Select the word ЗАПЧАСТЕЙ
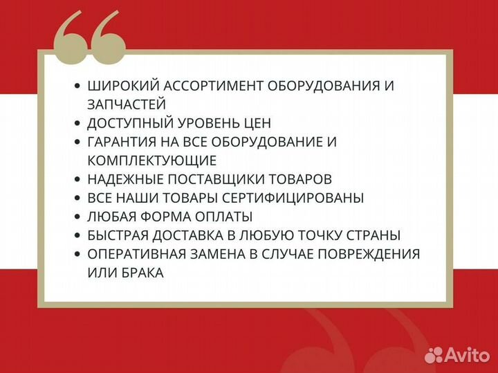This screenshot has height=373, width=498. pyautogui.click(x=127, y=104)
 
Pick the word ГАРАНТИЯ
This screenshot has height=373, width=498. pyautogui.click(x=122, y=142)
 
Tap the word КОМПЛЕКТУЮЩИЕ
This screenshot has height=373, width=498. pyautogui.click(x=152, y=161)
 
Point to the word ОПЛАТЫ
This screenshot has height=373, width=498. pyautogui.click(x=225, y=217)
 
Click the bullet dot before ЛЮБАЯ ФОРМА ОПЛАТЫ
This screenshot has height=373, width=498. pyautogui.click(x=77, y=217)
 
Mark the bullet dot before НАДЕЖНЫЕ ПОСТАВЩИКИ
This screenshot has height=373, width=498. pyautogui.click(x=77, y=179)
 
